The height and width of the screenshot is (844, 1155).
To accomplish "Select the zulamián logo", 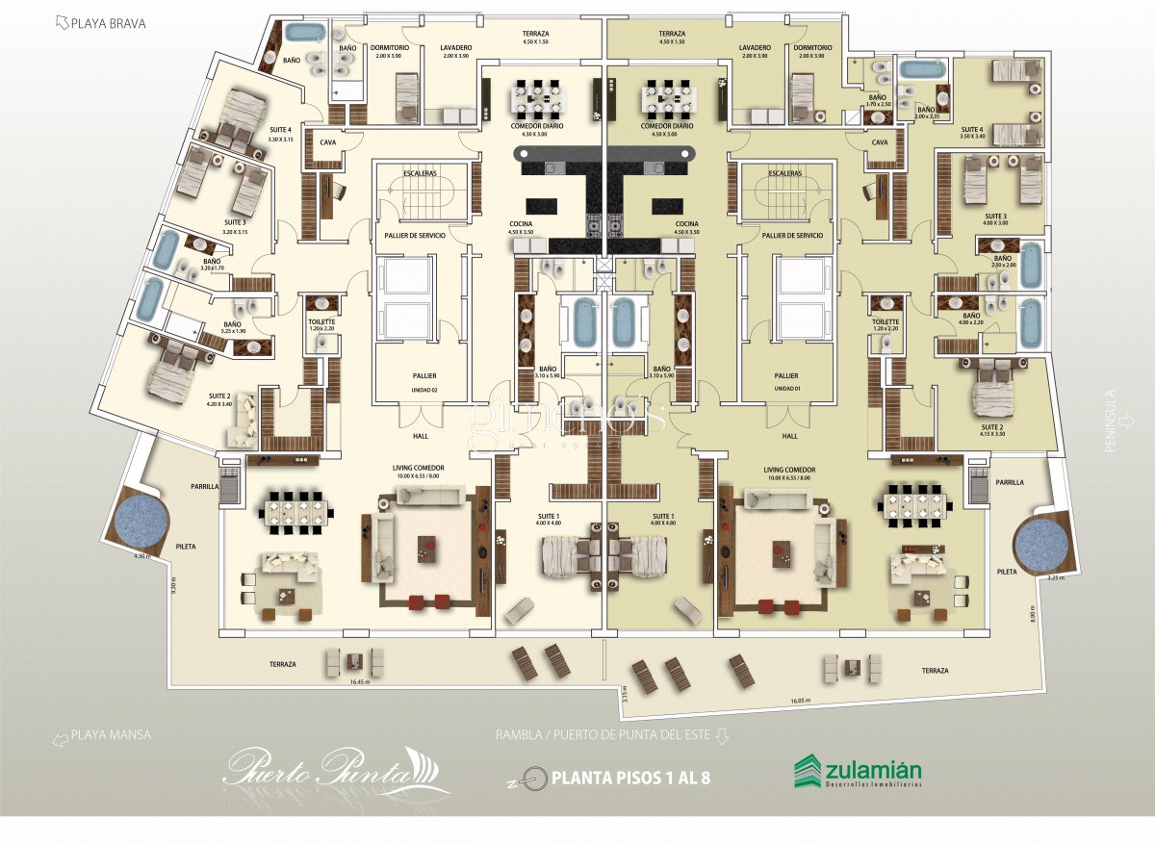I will click(x=858, y=772).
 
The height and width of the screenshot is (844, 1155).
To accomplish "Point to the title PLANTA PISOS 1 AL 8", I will click(x=630, y=777).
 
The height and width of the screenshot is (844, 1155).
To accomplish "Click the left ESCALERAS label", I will click(x=421, y=173).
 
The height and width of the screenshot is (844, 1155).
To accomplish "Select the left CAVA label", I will click(x=328, y=141).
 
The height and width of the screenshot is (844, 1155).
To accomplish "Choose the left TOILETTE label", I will click(x=321, y=322).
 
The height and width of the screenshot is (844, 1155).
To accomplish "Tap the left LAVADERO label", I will click(x=455, y=47).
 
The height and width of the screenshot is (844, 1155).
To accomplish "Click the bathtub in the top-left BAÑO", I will click(x=306, y=34).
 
